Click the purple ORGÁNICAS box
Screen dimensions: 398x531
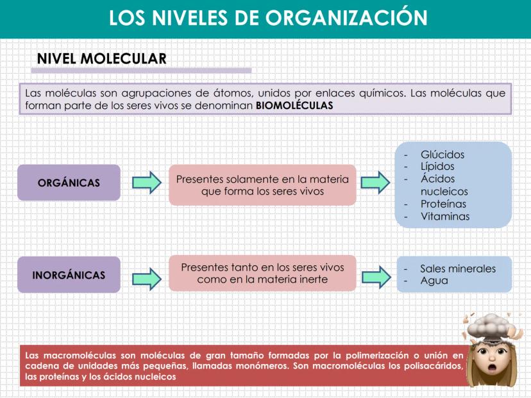click(69, 183)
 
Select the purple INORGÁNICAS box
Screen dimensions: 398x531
click(69, 275)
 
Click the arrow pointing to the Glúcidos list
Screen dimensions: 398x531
click(375, 183)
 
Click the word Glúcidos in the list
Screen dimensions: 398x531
click(442, 154)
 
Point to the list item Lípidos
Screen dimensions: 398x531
click(437, 167)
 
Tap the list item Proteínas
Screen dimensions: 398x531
click(443, 204)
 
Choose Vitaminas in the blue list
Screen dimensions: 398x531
click(444, 216)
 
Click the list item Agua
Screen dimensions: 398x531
click(434, 281)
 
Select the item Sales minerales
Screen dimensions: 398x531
click(457, 269)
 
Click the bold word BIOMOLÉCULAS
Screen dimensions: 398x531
click(294, 105)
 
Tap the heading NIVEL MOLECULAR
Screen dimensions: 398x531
click(102, 59)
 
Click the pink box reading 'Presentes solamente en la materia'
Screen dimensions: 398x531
click(262, 185)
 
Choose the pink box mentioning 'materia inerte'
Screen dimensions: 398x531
click(262, 273)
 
